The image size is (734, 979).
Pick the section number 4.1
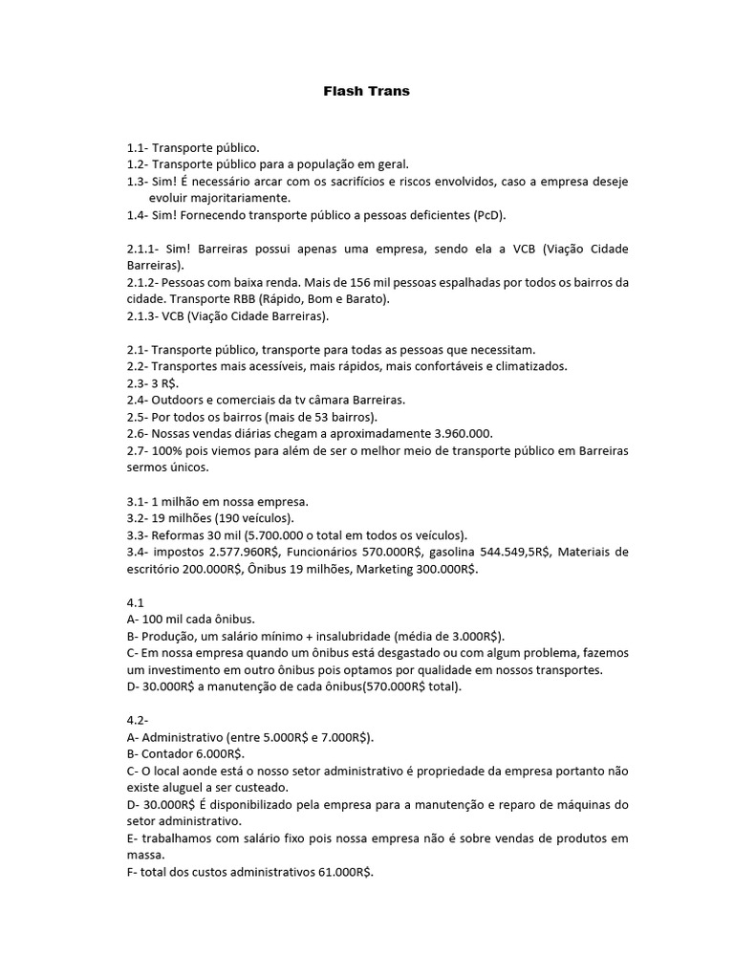[x=135, y=603]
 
